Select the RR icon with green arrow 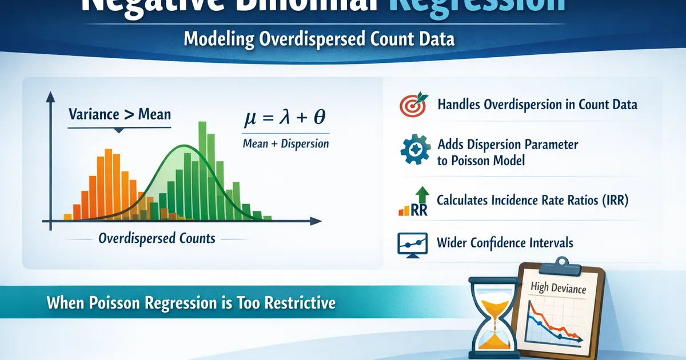click(412, 203)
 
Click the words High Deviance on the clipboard click(558, 289)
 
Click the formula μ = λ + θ click(285, 119)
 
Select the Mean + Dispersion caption click(285, 143)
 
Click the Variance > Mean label click(119, 114)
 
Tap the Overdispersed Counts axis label click(157, 238)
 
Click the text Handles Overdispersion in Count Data click(537, 105)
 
